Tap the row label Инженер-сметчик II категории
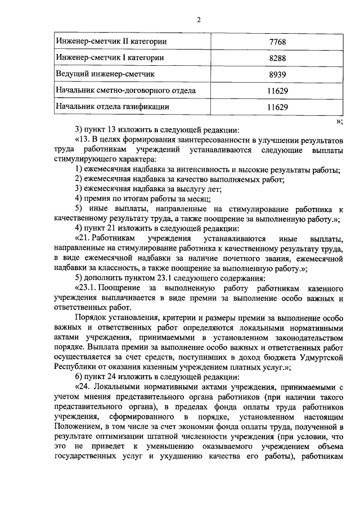(111, 42)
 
